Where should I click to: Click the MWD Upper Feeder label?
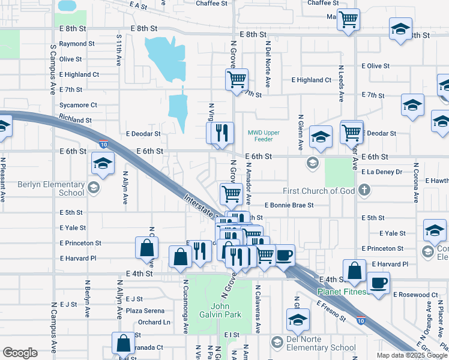click(x=261, y=136)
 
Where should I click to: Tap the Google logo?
click(x=20, y=353)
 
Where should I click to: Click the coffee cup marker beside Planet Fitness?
click(x=378, y=283)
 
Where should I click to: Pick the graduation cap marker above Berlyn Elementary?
click(x=103, y=163)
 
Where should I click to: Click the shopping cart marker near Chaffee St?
click(x=348, y=20)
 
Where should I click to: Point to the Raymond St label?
click(x=77, y=44)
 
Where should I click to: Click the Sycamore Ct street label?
click(x=78, y=105)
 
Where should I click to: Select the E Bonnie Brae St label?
click(x=289, y=205)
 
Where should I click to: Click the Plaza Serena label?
click(x=145, y=311)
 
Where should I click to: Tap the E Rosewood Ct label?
click(x=415, y=295)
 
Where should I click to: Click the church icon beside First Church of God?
click(x=363, y=191)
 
